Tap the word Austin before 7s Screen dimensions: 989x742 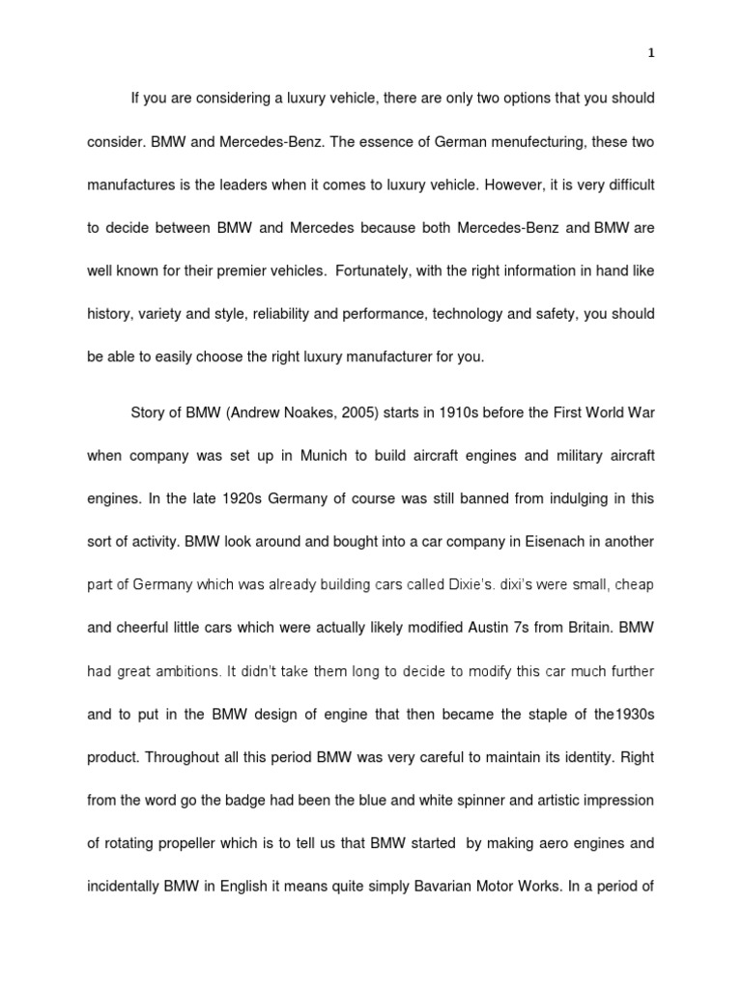click(x=486, y=626)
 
